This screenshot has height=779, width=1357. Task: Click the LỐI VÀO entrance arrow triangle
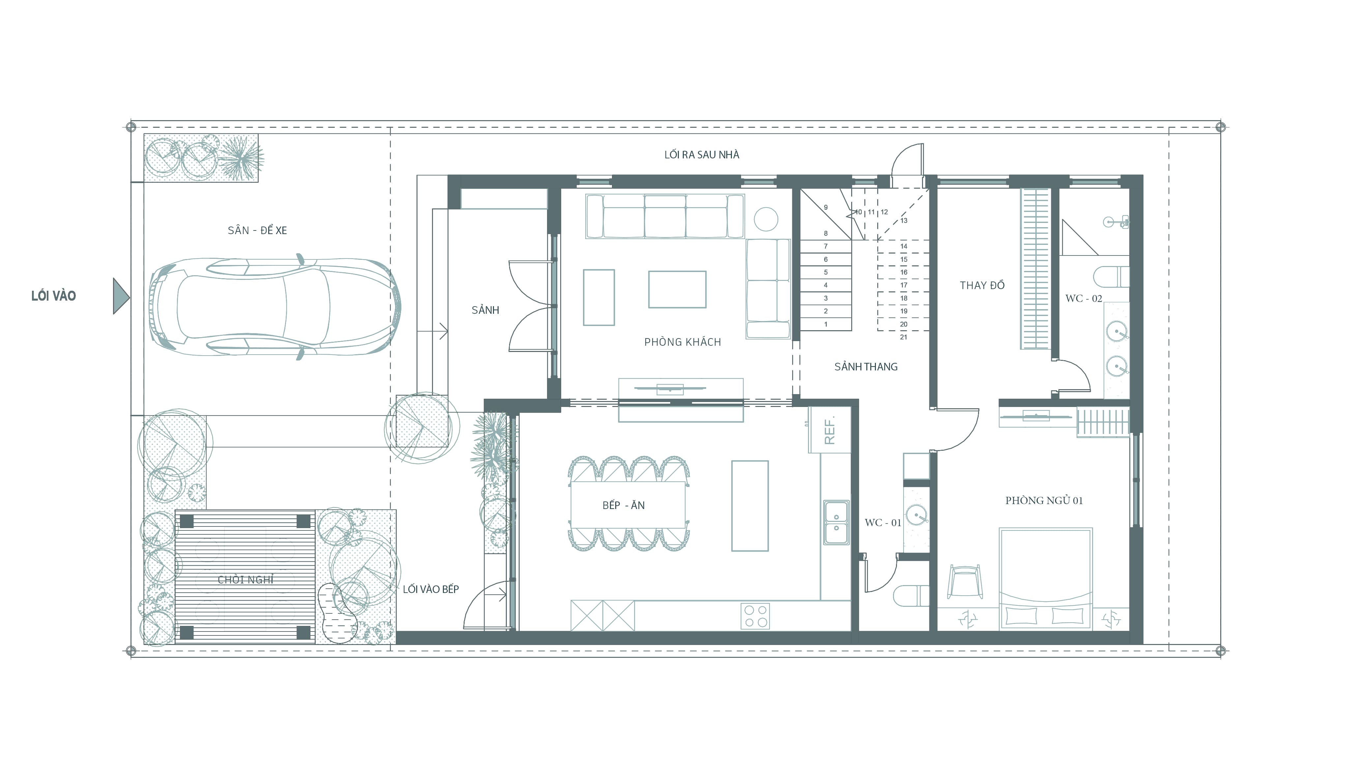click(121, 296)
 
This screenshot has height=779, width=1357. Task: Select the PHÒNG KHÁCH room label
click(682, 342)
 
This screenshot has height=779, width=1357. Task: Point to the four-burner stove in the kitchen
click(755, 616)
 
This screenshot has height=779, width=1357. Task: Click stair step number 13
click(904, 221)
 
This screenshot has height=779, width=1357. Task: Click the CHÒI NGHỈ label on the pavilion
click(246, 579)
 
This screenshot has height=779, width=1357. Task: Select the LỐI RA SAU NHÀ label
click(702, 155)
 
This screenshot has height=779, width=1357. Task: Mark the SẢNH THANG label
click(866, 366)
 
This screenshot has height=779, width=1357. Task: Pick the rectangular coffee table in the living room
click(677, 289)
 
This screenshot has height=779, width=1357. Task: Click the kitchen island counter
click(750, 506)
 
